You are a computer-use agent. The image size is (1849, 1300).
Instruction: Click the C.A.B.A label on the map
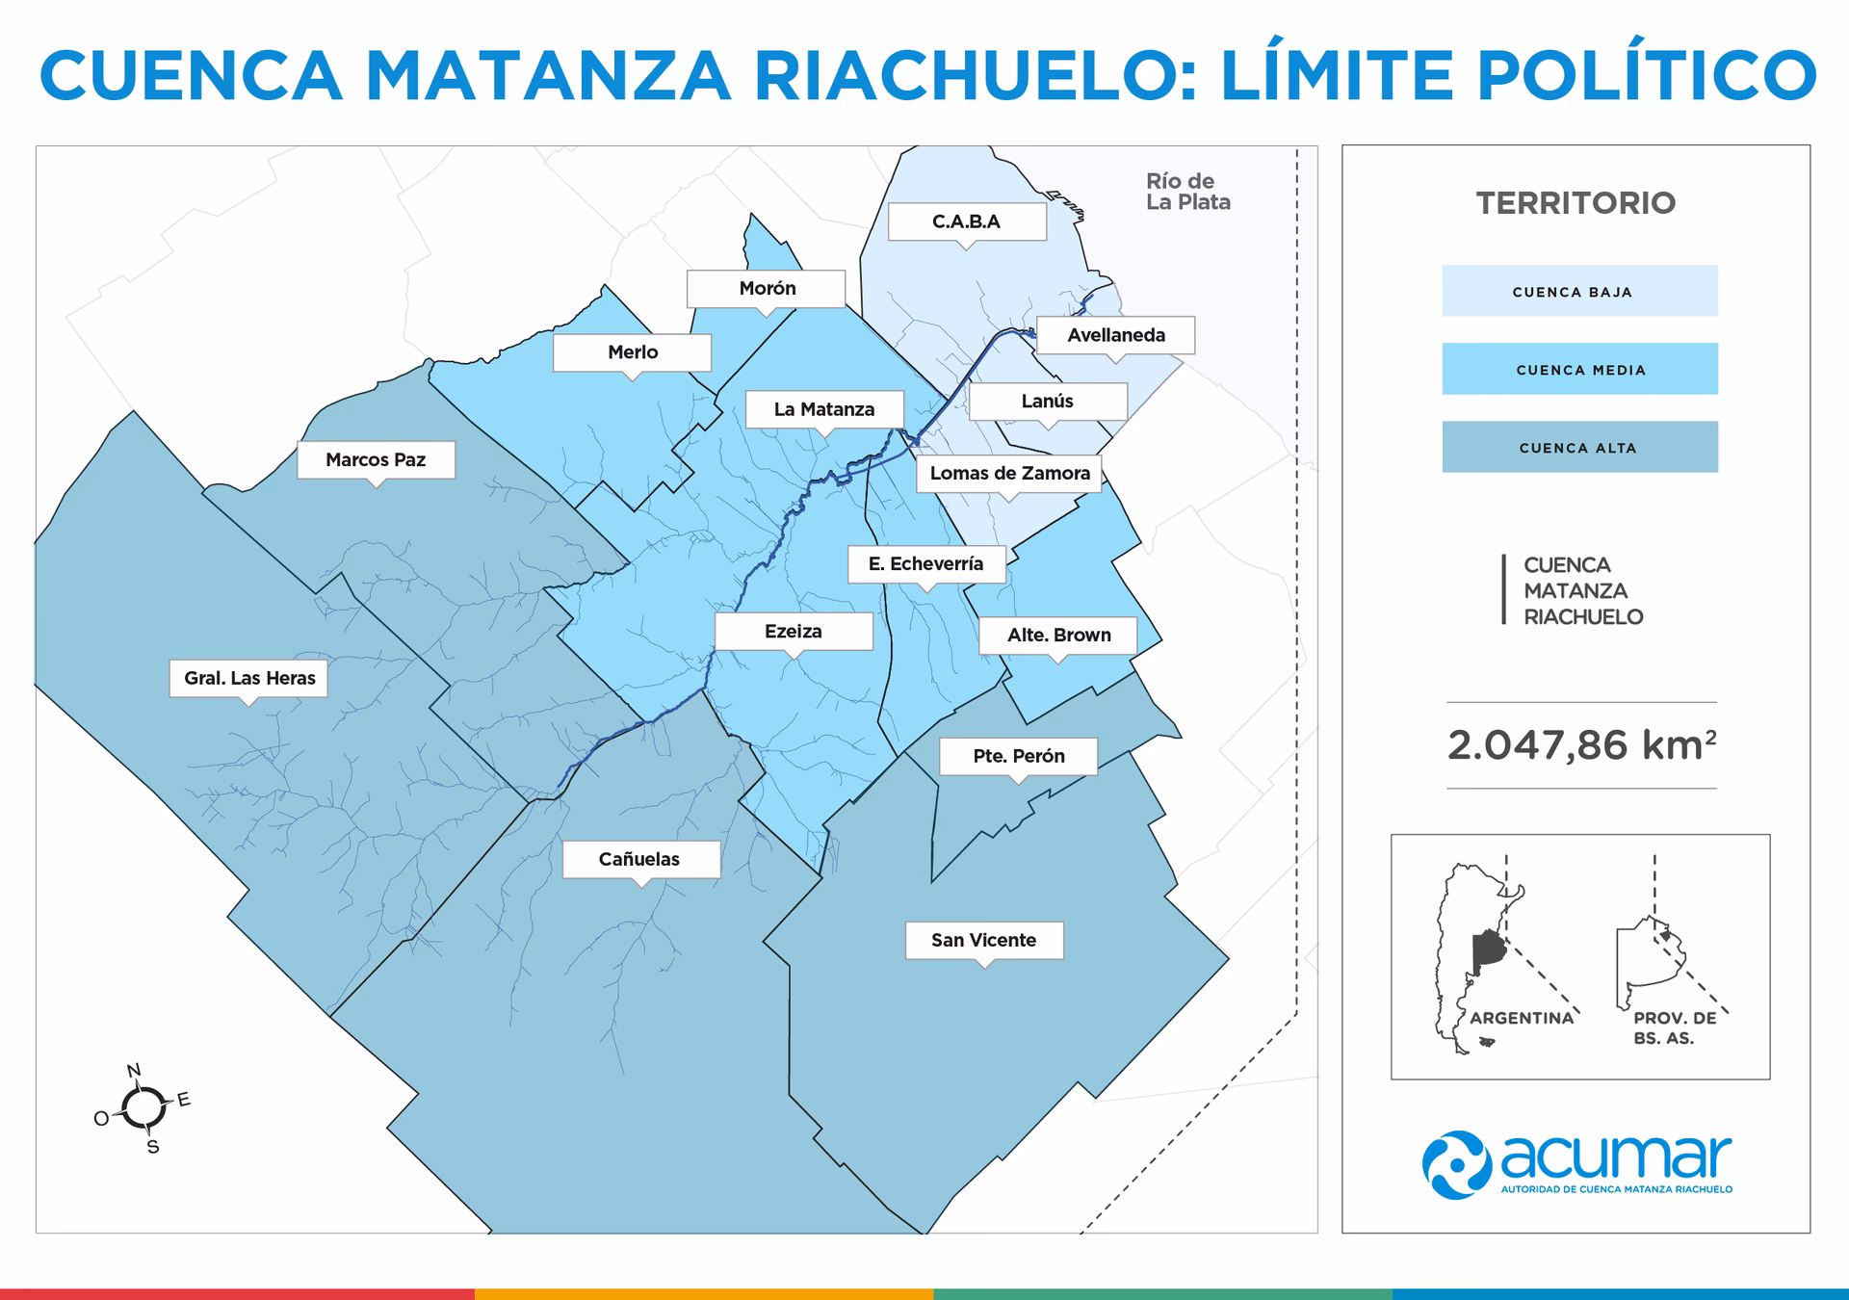966,221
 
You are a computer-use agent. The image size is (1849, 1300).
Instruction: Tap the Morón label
767,288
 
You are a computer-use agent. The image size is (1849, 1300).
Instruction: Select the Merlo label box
632,352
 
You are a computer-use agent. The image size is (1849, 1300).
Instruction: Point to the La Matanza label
824,409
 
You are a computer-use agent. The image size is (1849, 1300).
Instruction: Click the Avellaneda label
1115,335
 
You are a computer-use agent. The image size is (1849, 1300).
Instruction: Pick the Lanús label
1047,402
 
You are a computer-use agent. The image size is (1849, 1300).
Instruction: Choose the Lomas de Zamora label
1009,473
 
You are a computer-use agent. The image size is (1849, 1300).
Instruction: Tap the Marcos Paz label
376,460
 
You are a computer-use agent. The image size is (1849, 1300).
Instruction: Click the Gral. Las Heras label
249,678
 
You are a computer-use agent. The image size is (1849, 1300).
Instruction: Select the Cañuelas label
640,859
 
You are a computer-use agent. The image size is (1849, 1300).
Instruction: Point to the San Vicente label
983,940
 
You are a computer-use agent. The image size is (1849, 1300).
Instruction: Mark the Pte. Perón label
1018,756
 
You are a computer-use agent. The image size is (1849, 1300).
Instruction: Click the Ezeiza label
794,632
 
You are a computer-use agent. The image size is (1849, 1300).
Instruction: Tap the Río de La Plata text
1186,192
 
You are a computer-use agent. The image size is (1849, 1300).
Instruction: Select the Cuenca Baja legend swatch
1579,291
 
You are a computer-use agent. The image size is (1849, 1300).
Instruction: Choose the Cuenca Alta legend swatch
1579,447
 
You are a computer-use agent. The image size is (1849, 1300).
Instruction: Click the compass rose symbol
143,1108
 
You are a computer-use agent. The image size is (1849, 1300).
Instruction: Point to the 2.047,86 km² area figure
1580,745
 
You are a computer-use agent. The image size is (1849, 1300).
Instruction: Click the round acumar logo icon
1456,1164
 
